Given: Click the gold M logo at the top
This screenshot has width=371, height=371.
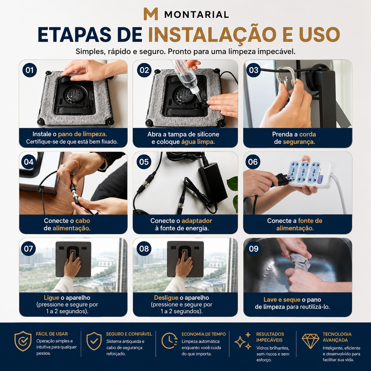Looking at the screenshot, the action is (150, 14).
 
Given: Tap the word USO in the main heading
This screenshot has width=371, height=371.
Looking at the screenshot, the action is (320, 34).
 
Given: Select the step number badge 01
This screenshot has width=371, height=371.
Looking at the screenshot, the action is (30, 70).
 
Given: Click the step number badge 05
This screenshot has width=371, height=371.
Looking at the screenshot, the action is (144, 162).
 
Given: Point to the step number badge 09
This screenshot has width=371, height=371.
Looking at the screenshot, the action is (253, 249).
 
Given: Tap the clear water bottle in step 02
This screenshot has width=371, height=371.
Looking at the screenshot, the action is (186, 79).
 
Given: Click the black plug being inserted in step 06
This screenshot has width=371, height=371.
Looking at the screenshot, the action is (282, 179).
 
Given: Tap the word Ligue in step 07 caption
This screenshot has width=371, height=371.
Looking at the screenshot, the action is (51, 298).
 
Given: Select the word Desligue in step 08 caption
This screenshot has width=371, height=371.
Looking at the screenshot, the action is (166, 298).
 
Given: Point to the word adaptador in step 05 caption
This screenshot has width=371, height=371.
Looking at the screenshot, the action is (197, 221).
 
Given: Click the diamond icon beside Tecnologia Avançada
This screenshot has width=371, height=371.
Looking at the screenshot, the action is (310, 341).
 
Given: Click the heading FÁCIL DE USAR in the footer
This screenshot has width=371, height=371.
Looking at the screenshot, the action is (52, 334).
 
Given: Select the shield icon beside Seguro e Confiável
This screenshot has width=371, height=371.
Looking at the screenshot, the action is (94, 341).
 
